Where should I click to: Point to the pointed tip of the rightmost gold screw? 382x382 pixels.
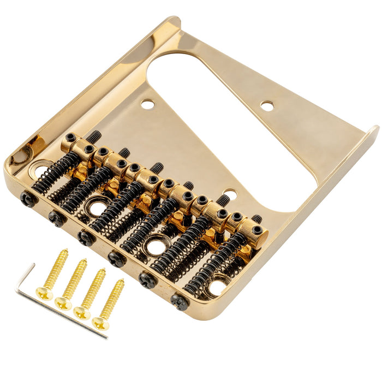point(122,282)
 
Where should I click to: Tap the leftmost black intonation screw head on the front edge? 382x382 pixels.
point(27,199)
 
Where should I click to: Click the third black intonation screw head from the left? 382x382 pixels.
point(86,237)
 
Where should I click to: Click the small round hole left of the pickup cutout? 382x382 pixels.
point(147,103)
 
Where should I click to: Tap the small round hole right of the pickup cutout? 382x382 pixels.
point(267,106)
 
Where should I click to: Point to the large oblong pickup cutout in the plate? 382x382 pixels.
point(224,126)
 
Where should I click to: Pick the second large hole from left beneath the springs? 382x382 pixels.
point(97,208)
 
